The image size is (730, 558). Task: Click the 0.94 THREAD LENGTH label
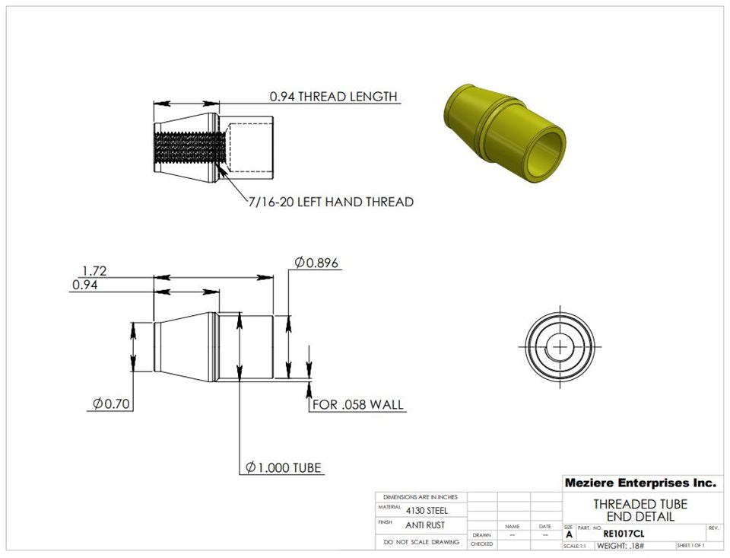(333, 97)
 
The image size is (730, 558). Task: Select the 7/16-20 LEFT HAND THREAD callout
(331, 202)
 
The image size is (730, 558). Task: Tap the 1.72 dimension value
(94, 270)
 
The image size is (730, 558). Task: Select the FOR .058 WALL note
(358, 404)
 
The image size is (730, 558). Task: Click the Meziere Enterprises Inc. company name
(640, 483)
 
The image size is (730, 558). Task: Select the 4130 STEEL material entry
(427, 510)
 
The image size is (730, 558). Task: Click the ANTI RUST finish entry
(424, 525)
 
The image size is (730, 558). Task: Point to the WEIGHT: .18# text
(620, 546)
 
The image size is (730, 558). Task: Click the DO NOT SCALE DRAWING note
(421, 542)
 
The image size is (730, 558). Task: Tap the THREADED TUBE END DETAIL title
(640, 510)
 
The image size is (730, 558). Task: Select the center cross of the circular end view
(560, 346)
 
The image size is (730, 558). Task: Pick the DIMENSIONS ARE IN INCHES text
(421, 496)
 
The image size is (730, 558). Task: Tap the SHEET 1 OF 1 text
(690, 546)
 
